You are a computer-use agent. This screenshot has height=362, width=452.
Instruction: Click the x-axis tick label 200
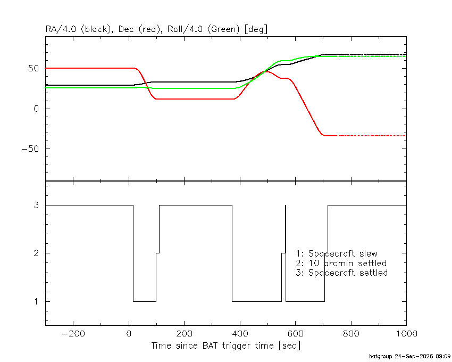point(184,334)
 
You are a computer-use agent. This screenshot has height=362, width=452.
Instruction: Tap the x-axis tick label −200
point(73,334)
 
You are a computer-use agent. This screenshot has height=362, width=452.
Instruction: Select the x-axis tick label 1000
point(406,334)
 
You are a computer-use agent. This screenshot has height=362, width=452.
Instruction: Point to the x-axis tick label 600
point(296,334)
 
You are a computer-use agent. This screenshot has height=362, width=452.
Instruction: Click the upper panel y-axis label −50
point(30,149)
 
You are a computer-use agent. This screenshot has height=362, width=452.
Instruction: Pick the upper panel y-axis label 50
point(34,69)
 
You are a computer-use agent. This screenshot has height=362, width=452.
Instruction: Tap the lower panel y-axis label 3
point(36,205)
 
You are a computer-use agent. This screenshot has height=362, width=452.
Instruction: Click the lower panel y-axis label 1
point(36,302)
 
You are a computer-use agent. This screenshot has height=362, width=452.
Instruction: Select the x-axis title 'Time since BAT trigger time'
point(213,345)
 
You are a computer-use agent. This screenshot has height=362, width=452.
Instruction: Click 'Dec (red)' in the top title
point(139,29)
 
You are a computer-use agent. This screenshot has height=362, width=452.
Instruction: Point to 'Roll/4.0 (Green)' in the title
point(204,29)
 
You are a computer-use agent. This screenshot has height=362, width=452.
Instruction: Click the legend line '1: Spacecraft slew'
point(337,254)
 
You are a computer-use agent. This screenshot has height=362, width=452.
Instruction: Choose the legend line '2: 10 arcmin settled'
point(341,264)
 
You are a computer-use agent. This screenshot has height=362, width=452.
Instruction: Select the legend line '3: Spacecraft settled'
point(342,273)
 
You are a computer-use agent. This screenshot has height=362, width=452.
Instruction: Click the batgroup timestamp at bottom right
point(410,356)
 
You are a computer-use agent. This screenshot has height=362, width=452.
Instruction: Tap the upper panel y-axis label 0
point(36,109)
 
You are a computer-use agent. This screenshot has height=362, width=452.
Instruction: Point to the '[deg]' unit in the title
point(256,29)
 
